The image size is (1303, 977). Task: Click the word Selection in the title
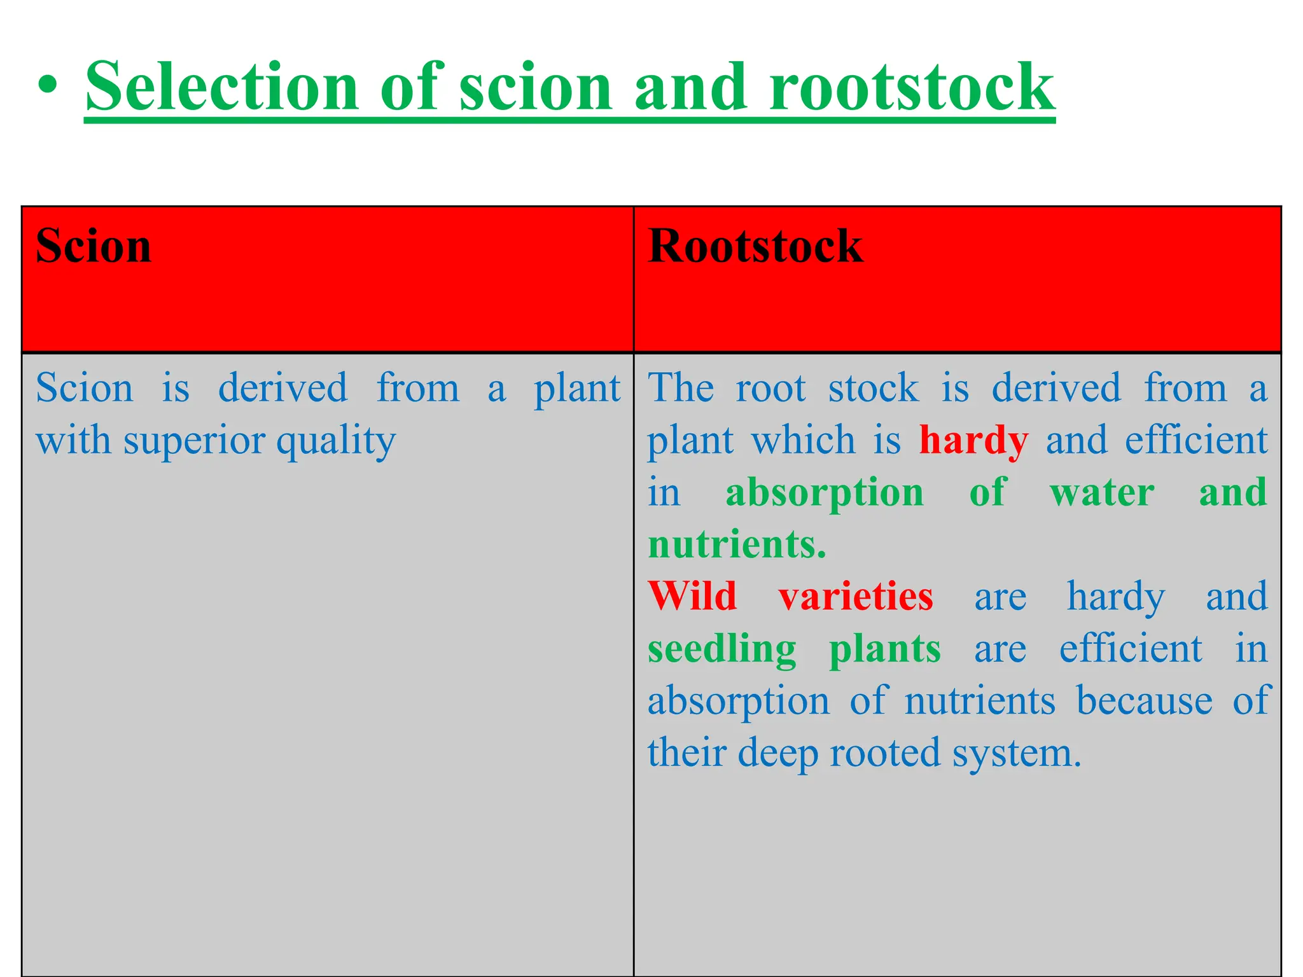223,87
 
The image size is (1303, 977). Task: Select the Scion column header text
94,246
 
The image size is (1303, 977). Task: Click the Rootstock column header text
755,246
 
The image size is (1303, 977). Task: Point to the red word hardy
973,441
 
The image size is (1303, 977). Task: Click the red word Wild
692,597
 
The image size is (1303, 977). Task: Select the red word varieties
856,597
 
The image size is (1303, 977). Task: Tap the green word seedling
721,649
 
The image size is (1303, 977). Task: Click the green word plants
884,649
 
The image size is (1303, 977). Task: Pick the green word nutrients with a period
737,545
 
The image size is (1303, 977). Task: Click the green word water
1102,492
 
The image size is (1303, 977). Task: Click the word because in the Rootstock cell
1144,701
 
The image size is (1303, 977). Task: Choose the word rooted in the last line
884,753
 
